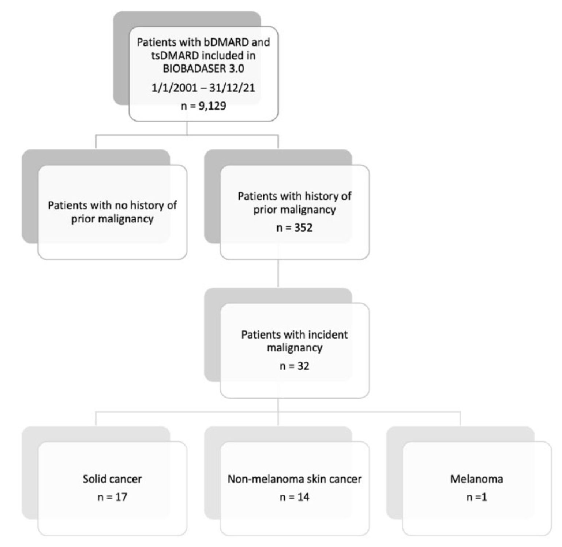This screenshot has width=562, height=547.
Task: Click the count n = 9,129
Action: (203, 106)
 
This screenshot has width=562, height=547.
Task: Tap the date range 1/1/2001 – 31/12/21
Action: (203, 88)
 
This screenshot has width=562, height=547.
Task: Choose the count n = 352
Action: (295, 228)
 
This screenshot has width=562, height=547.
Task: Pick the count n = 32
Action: (295, 366)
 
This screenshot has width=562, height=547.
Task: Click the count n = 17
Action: (112, 497)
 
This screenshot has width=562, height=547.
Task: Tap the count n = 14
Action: (295, 497)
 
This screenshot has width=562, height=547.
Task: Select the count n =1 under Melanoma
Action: (477, 497)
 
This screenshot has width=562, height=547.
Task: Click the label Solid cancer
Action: (112, 479)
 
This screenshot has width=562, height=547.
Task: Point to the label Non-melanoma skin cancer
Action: (295, 479)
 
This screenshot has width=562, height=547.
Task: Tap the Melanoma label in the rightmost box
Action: (477, 479)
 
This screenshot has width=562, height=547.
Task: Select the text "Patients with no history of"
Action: (112, 205)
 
